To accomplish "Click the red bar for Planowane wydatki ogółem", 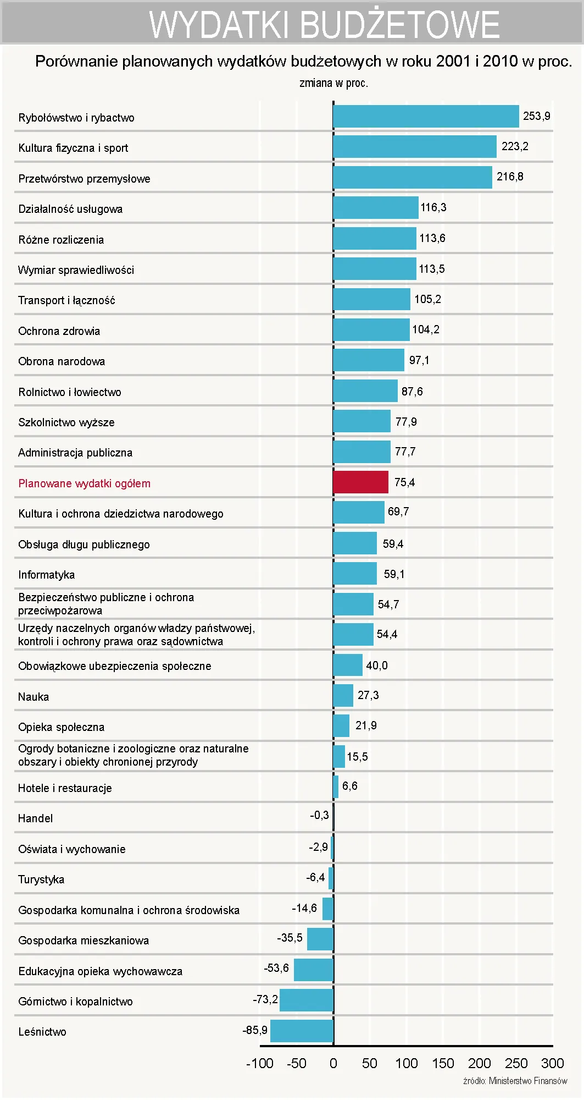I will (x=360, y=482).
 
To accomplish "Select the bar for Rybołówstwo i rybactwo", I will (x=426, y=117).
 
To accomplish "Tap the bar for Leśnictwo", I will (x=302, y=1031).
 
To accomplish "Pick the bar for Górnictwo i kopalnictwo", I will (x=307, y=1000).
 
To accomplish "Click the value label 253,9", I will (x=536, y=116).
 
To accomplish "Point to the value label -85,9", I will (x=255, y=1030).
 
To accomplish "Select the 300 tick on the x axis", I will (x=552, y=1063).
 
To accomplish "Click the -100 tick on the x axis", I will (x=259, y=1063).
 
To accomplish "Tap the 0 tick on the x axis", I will (x=333, y=1063).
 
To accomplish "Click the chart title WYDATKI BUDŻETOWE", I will (x=324, y=25).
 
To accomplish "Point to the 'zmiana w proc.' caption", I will (x=333, y=83).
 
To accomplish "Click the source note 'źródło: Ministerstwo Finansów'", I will (x=515, y=1081).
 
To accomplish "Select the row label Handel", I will (x=35, y=818).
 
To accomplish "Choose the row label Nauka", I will (x=34, y=697).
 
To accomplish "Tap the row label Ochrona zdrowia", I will (x=59, y=331).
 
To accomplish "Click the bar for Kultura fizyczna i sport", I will (x=415, y=147).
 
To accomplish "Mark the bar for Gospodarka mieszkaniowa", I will (x=320, y=939).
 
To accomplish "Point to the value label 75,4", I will (x=404, y=482).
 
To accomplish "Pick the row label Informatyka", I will (x=46, y=575).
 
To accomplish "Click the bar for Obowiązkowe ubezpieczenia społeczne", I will (x=348, y=665).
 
